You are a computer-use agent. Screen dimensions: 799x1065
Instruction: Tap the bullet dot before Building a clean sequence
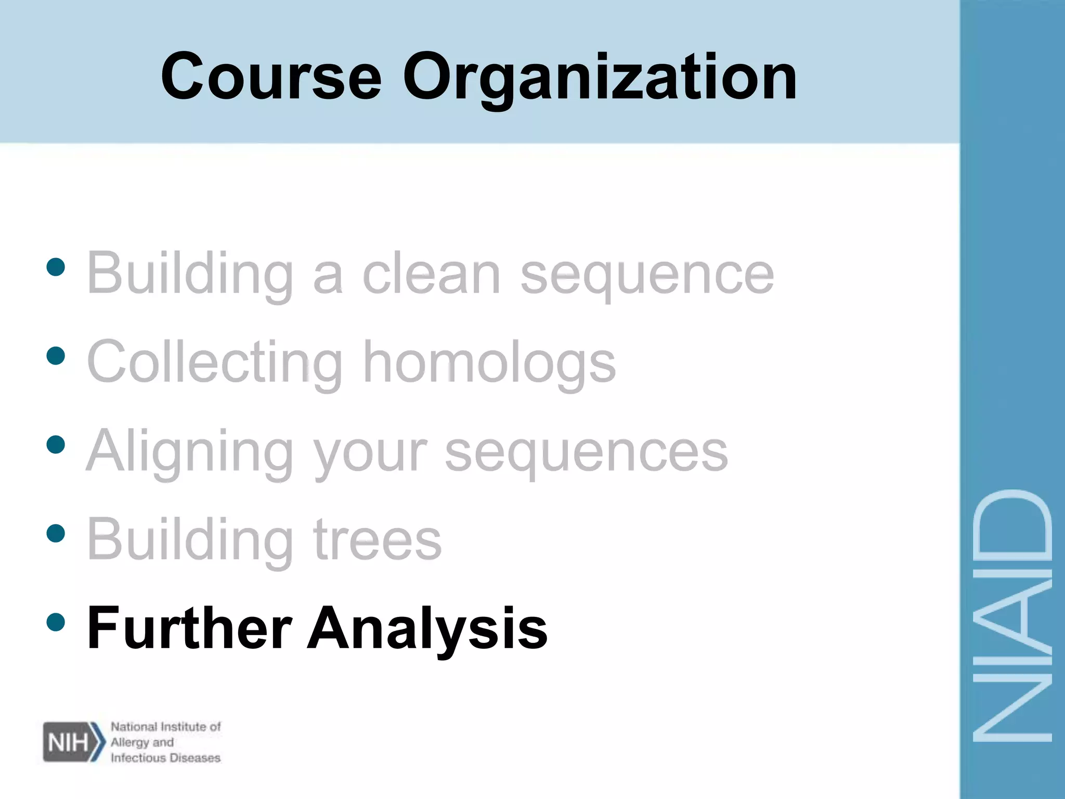(56, 267)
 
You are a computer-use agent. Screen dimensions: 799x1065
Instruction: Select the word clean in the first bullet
(431, 274)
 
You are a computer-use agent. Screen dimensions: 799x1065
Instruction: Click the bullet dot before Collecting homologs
(56, 356)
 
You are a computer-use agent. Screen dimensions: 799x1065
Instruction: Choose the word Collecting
(215, 362)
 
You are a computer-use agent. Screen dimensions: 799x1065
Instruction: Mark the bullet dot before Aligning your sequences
(56, 445)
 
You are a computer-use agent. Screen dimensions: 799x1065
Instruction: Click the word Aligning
(190, 452)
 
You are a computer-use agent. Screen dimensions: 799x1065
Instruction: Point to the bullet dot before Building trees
(56, 533)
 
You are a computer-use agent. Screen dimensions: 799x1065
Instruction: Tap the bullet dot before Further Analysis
(56, 622)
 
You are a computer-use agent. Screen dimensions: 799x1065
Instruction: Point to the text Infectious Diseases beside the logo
(165, 758)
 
